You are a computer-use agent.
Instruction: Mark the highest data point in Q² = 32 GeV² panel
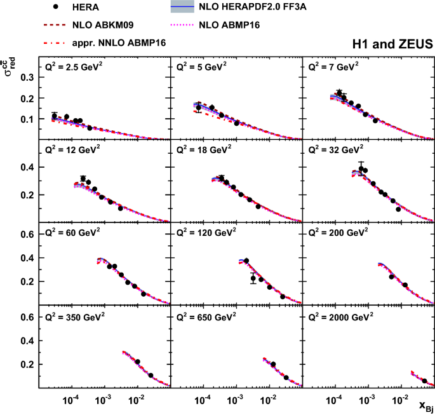point(361,169)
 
